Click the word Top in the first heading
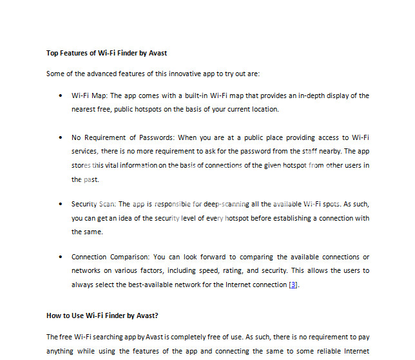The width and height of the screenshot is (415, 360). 52,53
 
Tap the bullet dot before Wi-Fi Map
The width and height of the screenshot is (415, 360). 59,95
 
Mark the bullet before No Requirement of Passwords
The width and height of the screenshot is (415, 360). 59,137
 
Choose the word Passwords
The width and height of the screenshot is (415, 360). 157,137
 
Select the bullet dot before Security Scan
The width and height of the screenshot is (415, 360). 59,204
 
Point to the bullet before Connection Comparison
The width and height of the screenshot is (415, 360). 59,257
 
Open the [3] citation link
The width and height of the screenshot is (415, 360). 293,285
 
